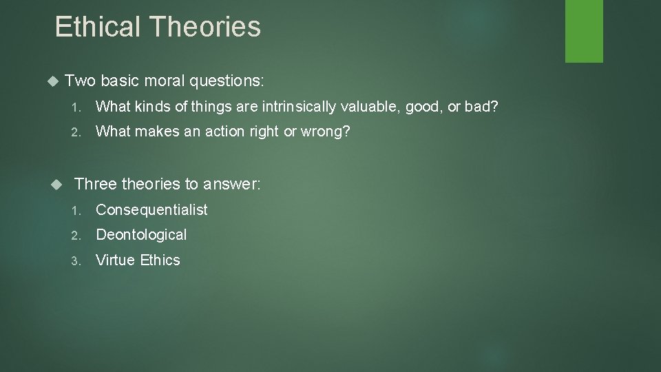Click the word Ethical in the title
click(96, 27)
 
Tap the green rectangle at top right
click(584, 31)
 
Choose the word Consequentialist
click(151, 209)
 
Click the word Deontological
click(141, 235)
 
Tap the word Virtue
click(114, 260)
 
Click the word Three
click(95, 184)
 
